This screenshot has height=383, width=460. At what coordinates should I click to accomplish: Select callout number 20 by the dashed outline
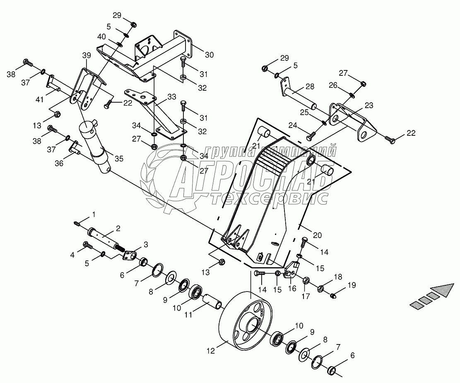pos(317,235)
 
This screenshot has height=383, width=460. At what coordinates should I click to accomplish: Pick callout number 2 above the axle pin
pos(118,228)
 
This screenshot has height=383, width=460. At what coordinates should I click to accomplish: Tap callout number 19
pos(352,285)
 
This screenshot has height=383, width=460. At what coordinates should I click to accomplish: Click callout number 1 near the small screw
pos(94,214)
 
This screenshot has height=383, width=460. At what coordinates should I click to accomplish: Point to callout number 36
pos(60,164)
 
